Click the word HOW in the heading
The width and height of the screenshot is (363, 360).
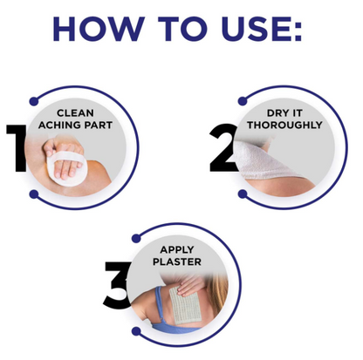click(99, 29)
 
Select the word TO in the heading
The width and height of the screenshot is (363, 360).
click(182, 29)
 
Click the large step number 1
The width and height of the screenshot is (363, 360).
click(17, 148)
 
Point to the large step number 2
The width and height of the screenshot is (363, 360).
click(223, 148)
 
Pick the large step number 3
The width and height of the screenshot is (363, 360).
click(117, 284)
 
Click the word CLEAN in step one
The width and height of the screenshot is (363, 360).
click(75, 112)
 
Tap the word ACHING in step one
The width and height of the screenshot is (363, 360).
click(59, 126)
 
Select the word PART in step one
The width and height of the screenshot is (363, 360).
click(98, 126)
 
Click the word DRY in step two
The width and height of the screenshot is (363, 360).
click(277, 112)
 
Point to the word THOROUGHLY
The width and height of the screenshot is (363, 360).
click(284, 125)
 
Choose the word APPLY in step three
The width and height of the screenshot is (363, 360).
click(177, 249)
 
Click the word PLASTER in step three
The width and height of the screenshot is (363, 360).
click(177, 262)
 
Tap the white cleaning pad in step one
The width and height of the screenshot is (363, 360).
click(65, 168)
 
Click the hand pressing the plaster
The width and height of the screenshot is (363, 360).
click(190, 285)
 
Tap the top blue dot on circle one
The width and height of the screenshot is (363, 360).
click(34, 101)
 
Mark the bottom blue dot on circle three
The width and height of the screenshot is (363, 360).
click(136, 331)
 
